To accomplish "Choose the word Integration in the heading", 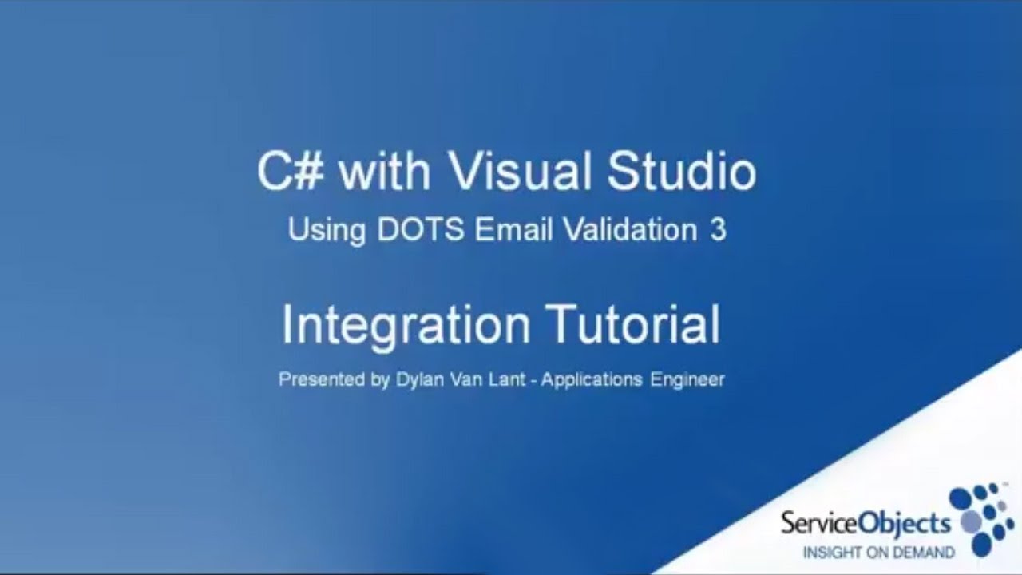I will (406, 326).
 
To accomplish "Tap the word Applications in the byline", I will (591, 380).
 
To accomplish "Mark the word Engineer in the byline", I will (687, 380).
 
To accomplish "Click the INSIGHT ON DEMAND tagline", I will (877, 552).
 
